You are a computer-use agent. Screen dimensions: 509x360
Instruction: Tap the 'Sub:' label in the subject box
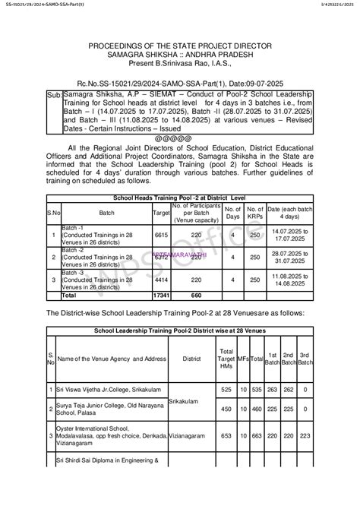55,97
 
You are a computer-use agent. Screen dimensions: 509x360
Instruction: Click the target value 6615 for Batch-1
161,236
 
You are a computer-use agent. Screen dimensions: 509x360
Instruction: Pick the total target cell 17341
161,295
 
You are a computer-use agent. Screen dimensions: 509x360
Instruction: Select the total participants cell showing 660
196,295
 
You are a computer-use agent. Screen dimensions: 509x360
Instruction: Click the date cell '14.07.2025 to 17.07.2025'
290,236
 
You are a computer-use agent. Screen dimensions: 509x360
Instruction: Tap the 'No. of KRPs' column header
255,213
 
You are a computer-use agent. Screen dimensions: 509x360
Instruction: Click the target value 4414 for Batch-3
161,279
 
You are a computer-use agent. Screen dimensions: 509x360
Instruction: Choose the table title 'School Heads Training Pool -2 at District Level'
180,198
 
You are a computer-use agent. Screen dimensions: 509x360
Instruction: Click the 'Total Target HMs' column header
226,357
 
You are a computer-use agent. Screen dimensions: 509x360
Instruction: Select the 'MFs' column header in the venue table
243,357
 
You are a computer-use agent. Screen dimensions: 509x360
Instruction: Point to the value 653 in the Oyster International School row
226,435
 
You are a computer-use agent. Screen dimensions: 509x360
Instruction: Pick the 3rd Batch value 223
305,435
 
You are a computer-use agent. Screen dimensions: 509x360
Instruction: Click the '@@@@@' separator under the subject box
180,138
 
